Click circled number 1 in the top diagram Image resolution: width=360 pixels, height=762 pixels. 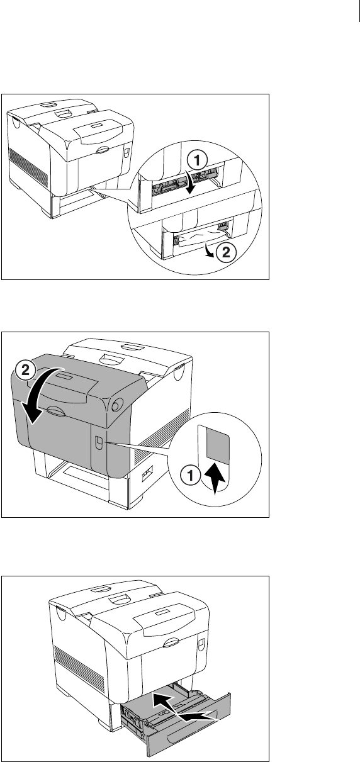[198, 160]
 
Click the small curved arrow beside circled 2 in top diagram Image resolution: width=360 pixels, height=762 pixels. [209, 249]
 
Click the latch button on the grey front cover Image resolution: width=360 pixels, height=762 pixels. [98, 442]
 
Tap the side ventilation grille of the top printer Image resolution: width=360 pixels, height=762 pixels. [28, 165]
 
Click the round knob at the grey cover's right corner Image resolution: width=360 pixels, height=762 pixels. [116, 405]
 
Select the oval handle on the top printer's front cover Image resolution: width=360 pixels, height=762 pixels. [103, 150]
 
